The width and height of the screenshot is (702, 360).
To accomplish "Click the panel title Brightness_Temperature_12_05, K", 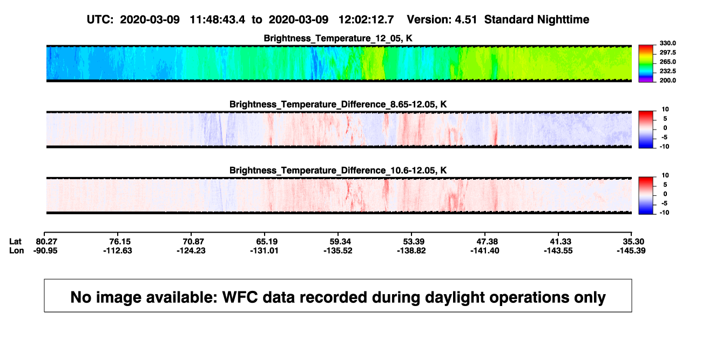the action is (x=338, y=38).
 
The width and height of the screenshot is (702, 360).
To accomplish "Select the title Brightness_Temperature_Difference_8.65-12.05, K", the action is (x=338, y=104).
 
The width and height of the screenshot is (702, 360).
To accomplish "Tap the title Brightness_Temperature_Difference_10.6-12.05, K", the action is (x=338, y=171).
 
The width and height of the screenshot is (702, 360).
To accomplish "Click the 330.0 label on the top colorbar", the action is (x=667, y=43).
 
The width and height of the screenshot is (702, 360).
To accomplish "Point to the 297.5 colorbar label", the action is (x=667, y=52).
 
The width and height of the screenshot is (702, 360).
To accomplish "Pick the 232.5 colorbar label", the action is (x=667, y=71).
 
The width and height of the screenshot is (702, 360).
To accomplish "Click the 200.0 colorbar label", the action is (x=667, y=80).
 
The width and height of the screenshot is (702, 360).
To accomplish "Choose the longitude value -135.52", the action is (x=338, y=250).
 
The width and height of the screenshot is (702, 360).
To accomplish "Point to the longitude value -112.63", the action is (x=118, y=250).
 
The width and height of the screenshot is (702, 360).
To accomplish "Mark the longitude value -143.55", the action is (x=558, y=250).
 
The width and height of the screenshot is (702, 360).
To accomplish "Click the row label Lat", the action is (x=15, y=242).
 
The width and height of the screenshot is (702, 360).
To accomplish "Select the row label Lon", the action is (x=17, y=250).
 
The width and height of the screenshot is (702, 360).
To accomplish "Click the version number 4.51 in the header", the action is (x=465, y=19).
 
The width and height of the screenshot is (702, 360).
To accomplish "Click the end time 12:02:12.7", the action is (x=366, y=19).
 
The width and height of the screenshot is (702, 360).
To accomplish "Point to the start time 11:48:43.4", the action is (x=217, y=19).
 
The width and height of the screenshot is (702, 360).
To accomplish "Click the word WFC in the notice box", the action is (x=240, y=297).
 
